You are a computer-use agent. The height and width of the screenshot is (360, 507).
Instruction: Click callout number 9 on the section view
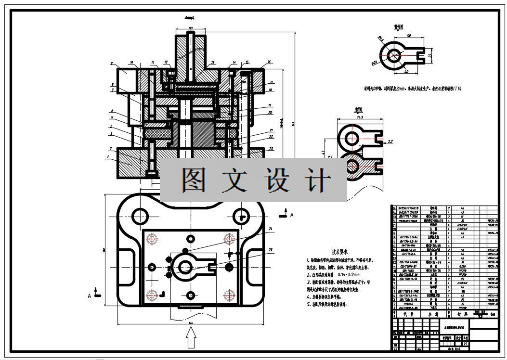coord(111,64)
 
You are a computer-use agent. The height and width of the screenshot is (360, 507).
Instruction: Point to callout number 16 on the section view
coord(269,62)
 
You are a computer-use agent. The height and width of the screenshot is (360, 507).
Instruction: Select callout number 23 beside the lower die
coord(272,149)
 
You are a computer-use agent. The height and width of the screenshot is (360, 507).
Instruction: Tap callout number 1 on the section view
coord(108,157)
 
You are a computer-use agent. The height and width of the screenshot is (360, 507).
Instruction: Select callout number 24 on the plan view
coord(270,228)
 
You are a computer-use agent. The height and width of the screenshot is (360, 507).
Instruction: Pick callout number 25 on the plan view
coord(270,249)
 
